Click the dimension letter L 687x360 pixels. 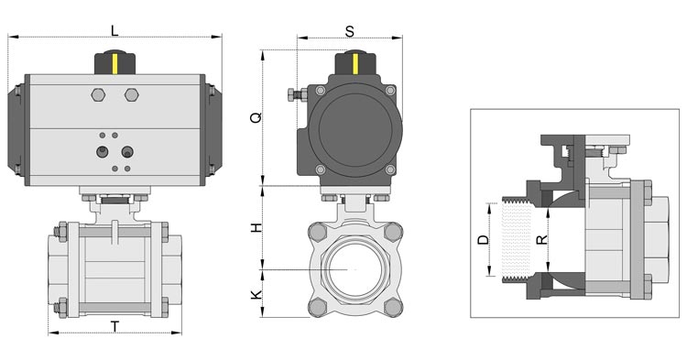114,31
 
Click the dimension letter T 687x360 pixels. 114,327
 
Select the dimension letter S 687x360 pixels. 349,31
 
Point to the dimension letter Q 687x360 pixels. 256,117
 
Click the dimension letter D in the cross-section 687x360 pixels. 483,240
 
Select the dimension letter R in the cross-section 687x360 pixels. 542,240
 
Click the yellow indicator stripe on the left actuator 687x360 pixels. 115,63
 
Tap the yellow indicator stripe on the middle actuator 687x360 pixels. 355,63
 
